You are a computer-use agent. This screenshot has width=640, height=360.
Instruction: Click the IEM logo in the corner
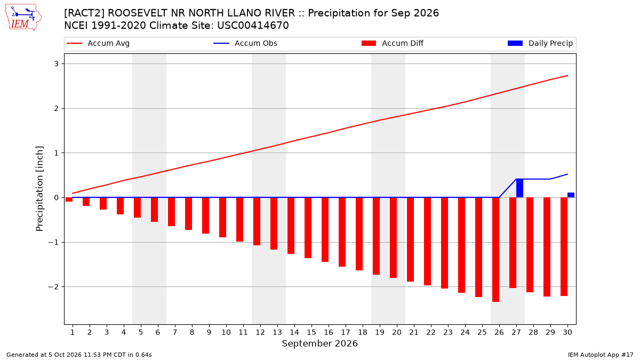23,18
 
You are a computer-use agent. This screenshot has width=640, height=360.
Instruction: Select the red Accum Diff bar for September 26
495,250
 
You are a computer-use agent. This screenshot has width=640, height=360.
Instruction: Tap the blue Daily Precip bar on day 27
519,188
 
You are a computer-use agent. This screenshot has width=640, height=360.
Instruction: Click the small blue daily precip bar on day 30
571,195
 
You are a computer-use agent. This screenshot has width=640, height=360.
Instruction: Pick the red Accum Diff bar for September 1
69,199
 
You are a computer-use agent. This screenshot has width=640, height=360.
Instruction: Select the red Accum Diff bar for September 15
308,228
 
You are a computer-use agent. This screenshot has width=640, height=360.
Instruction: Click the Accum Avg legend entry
98,43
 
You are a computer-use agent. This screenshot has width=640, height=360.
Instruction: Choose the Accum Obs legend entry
245,43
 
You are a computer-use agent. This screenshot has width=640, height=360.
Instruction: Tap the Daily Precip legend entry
540,43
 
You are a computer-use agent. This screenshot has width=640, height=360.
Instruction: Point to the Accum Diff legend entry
393,43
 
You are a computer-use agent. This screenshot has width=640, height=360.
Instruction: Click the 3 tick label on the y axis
57,63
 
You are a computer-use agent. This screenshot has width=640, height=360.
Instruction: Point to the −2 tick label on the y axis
53,286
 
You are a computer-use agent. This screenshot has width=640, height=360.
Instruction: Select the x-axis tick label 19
379,332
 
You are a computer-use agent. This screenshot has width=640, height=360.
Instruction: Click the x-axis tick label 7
174,332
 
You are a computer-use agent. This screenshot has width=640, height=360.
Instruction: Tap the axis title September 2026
319,343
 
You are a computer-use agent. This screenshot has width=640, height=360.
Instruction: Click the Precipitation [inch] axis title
39,189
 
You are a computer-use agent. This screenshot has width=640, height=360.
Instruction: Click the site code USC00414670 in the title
253,26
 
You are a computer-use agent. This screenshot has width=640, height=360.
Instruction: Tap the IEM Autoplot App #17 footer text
601,355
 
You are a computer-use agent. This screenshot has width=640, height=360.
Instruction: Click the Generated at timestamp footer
79,355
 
